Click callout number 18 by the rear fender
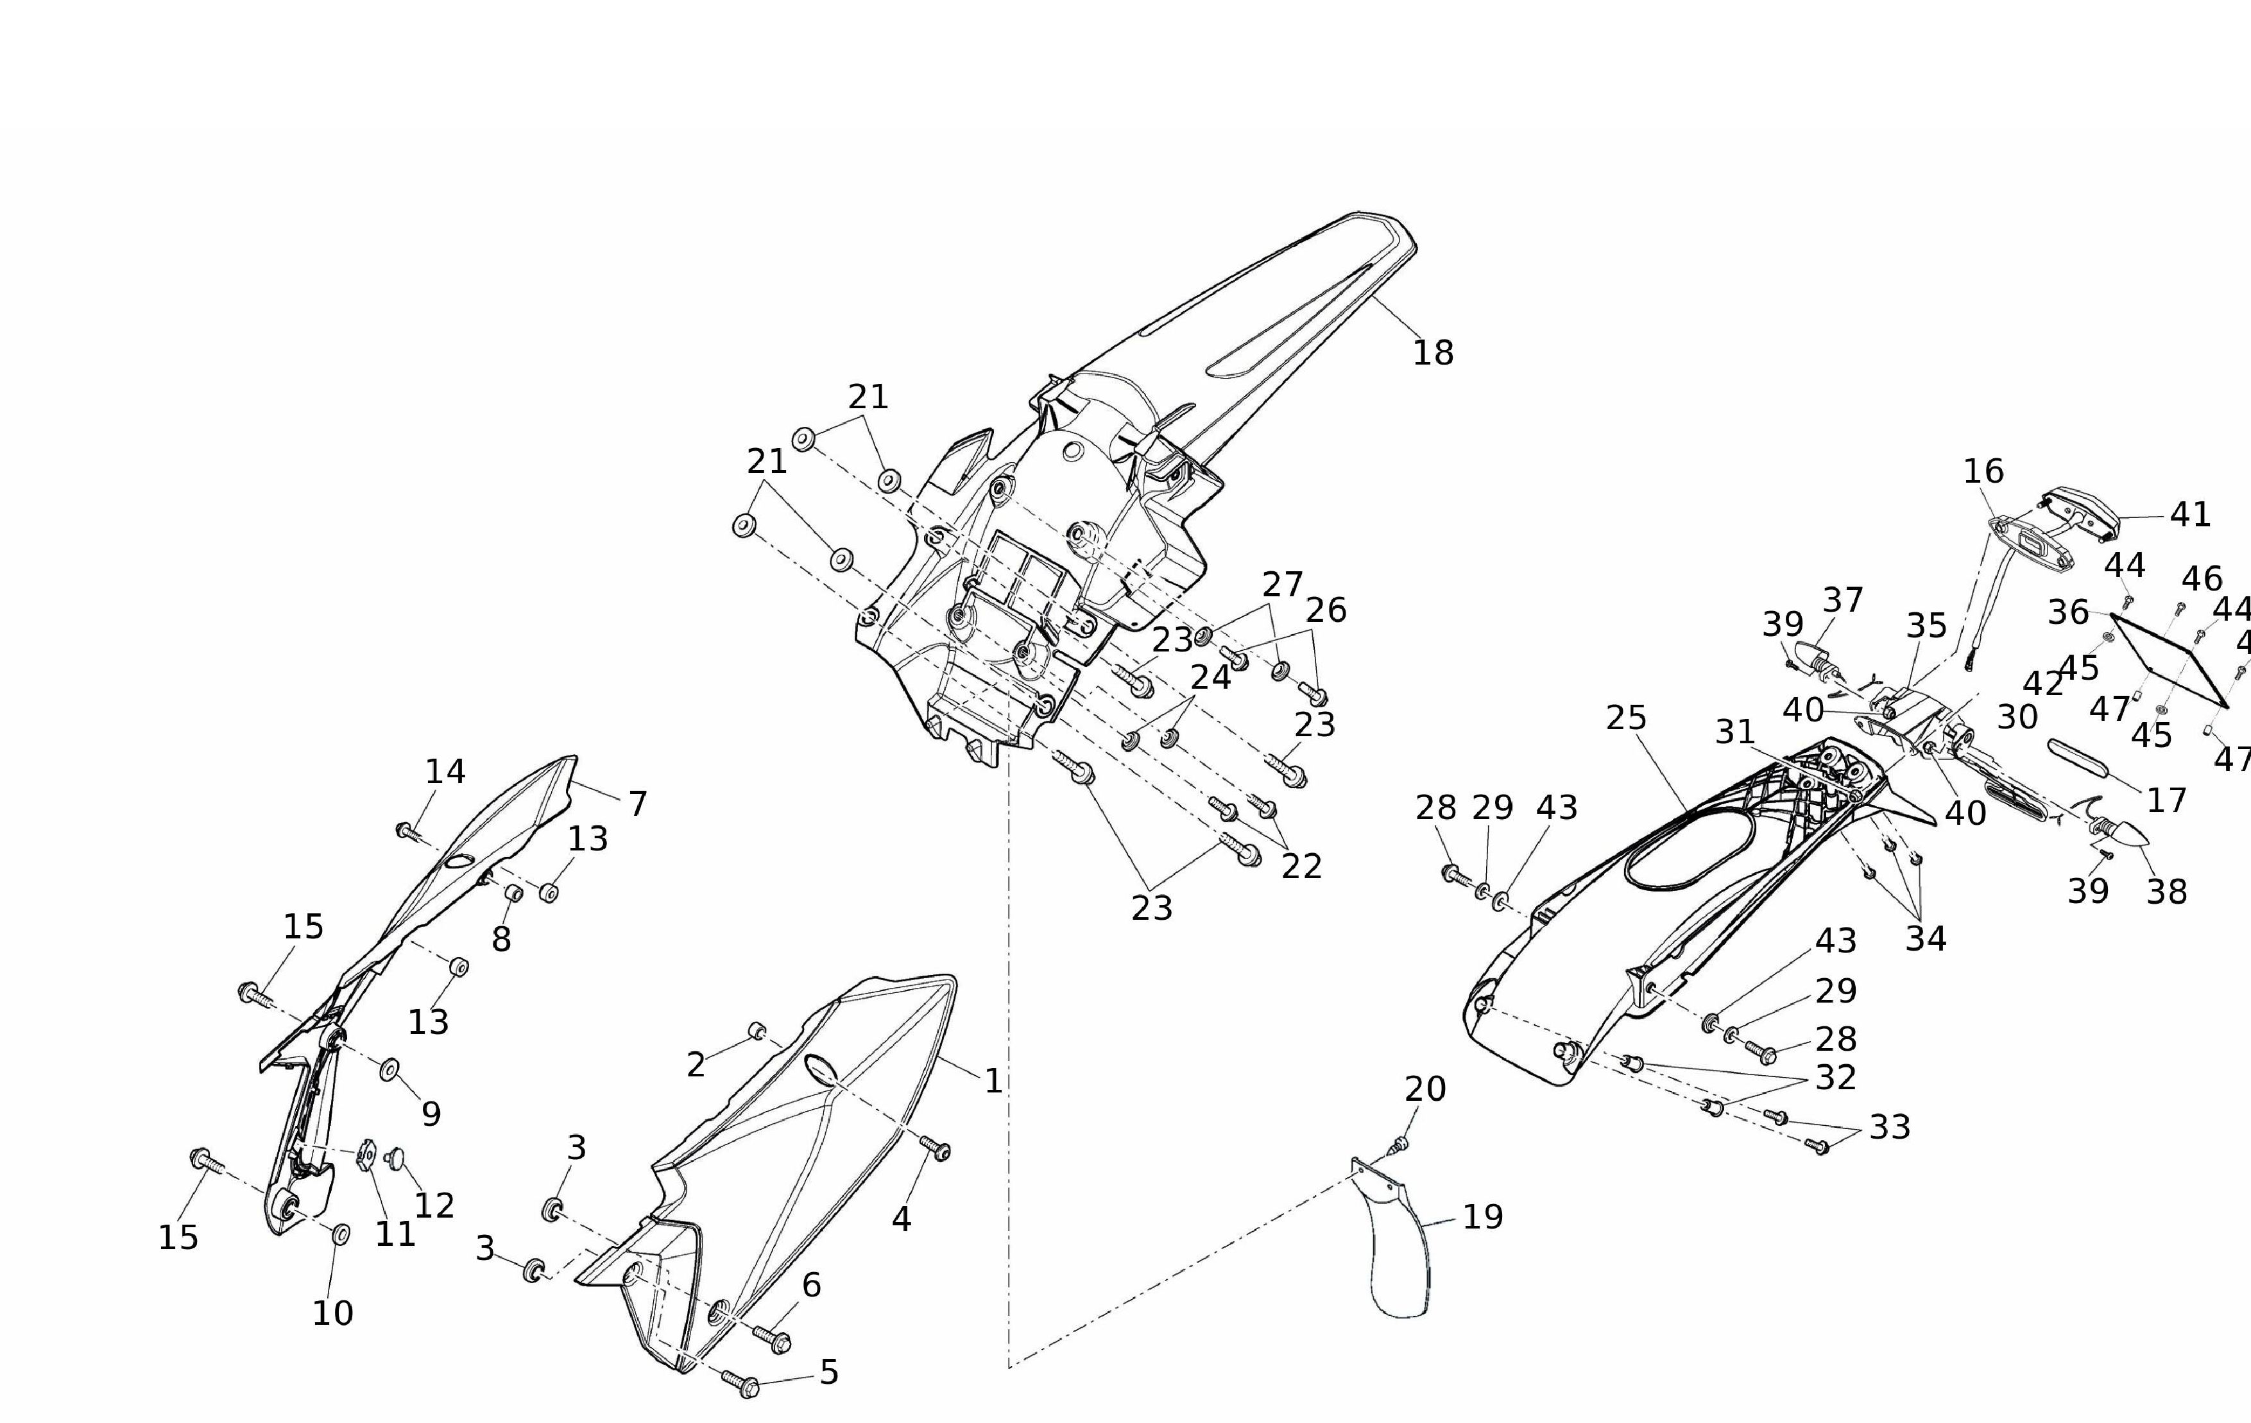pyautogui.click(x=1432, y=354)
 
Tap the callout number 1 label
pyautogui.click(x=993, y=1082)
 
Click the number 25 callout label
pyautogui.click(x=1625, y=718)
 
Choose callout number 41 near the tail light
pyautogui.click(x=2189, y=514)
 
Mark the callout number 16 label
pyautogui.click(x=1983, y=471)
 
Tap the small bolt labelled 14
pyautogui.click(x=407, y=829)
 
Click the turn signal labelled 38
pyautogui.click(x=2122, y=831)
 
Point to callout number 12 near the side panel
pyautogui.click(x=434, y=1205)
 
